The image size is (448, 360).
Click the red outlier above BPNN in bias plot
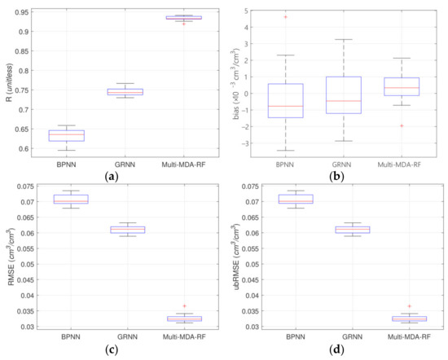point(292,16)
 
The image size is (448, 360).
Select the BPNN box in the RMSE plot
point(70,199)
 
